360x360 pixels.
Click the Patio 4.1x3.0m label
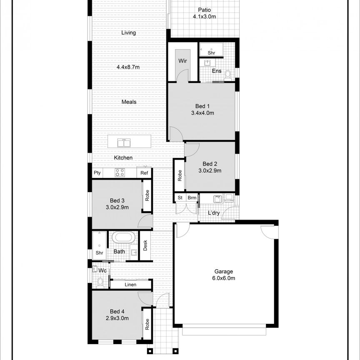[204, 13]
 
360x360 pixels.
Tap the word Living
[129, 33]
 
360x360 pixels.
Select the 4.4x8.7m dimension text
[128, 67]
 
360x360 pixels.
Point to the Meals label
[129, 102]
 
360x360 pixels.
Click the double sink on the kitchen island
[124, 143]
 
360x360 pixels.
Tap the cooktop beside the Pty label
[120, 172]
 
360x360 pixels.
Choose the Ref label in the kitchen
[144, 173]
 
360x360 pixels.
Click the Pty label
[97, 173]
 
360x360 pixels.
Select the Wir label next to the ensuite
[182, 61]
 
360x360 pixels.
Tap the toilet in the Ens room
[228, 75]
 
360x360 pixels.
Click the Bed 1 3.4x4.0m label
[202, 110]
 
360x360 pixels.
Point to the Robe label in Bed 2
[180, 175]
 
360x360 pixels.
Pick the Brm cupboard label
[192, 198]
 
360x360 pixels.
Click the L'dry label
[214, 213]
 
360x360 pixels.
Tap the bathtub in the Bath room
[123, 238]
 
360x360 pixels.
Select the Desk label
[145, 246]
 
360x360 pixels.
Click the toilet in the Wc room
[100, 282]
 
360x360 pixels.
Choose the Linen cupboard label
[130, 285]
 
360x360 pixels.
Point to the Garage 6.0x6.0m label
[224, 275]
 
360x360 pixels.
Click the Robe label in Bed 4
[147, 324]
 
